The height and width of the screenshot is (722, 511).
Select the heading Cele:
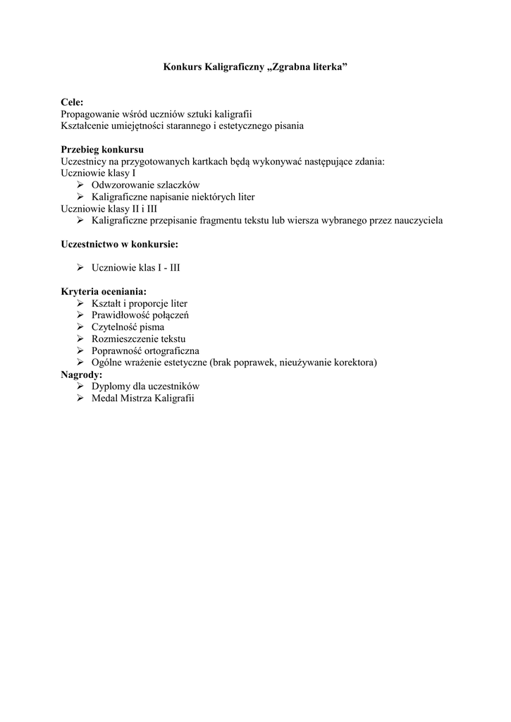coord(72,102)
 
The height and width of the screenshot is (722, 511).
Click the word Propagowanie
coord(90,114)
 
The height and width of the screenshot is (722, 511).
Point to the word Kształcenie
coord(85,126)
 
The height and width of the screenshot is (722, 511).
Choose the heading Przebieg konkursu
coord(103,149)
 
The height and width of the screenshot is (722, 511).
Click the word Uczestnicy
coord(84,161)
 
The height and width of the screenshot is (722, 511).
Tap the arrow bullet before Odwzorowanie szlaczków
coord(80,185)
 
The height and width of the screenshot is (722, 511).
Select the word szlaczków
coord(177,185)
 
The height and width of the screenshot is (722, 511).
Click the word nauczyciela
coord(417,221)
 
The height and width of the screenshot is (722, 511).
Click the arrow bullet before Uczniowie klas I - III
coord(80,268)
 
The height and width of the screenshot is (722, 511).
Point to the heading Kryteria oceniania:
coord(104,291)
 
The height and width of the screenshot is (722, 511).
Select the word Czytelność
coord(115,327)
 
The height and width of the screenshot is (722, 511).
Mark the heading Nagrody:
coord(82,374)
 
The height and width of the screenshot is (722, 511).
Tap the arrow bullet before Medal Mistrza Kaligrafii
coord(80,398)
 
